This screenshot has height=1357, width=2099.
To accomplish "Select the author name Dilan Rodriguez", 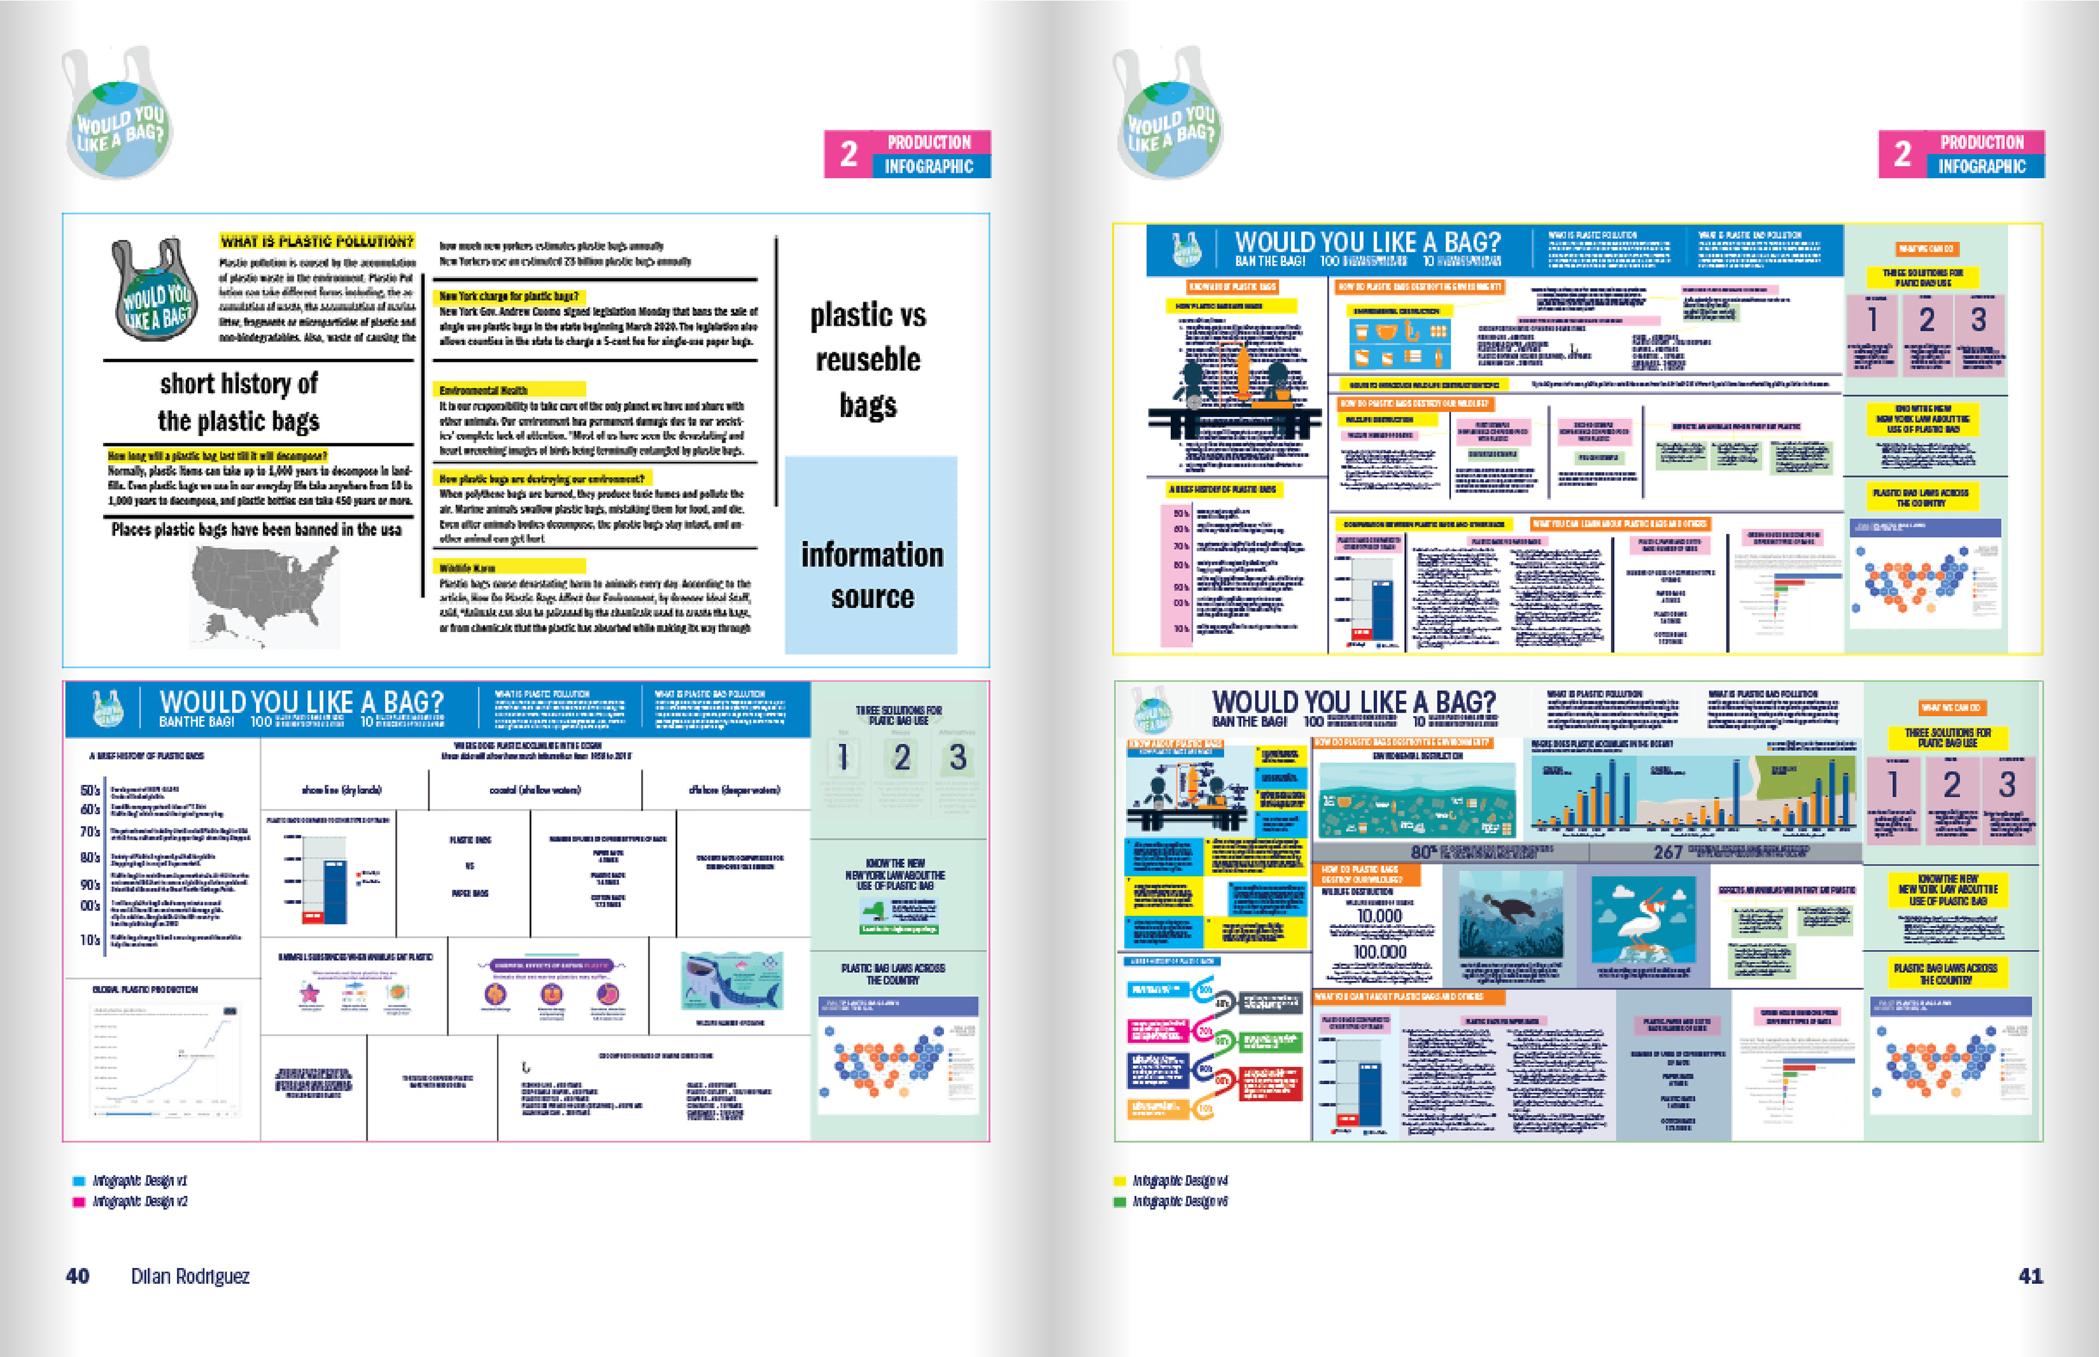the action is [190, 1276].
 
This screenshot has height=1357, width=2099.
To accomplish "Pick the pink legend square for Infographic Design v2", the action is [78, 1201].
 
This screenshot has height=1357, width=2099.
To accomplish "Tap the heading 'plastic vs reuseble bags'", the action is [868, 360].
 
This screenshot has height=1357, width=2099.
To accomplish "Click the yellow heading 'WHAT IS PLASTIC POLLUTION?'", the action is [316, 240].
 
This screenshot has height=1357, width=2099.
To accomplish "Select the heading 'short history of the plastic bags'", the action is [239, 402].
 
